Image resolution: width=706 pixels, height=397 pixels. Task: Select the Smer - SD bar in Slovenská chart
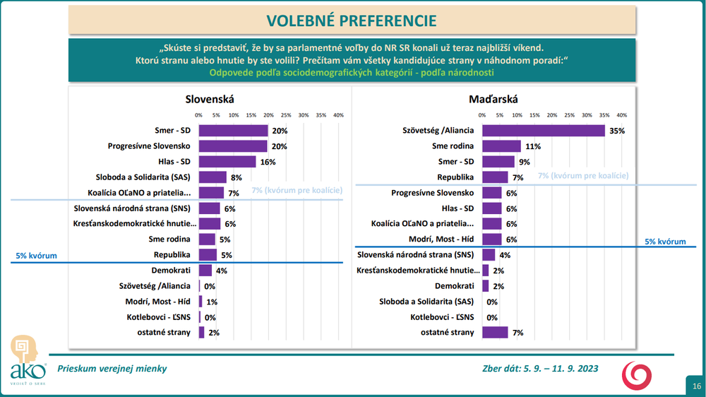point(233,131)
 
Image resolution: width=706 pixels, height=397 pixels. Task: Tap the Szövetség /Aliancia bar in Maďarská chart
point(544,131)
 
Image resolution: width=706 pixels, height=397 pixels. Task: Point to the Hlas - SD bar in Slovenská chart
point(227,162)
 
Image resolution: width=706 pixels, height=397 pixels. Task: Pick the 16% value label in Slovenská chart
point(267,162)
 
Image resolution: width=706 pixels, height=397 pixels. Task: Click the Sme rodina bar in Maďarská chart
point(501,146)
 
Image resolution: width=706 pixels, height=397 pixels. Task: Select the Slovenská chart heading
point(205,100)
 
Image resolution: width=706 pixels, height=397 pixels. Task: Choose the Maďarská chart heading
point(489,100)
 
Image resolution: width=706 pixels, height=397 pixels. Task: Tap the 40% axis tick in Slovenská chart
point(338,115)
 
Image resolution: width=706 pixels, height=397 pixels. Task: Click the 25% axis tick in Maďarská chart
point(570,115)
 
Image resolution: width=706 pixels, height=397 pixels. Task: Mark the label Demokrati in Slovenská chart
point(170,270)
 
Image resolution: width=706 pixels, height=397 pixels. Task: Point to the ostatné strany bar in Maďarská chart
point(495,332)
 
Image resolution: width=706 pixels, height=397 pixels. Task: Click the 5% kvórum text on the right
point(665,242)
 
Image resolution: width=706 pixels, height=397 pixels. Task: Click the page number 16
point(696,386)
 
